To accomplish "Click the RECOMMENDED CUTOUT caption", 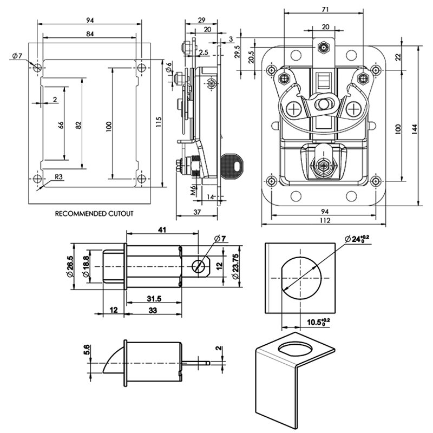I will point(94,214).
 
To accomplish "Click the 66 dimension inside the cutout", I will point(61,124).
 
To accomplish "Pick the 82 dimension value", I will point(78,124).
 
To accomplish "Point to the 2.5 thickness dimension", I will point(204,52).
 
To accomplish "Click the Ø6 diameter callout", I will point(169,67).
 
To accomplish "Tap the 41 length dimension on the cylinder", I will point(162,229).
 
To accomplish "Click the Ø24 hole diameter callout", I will point(358,239).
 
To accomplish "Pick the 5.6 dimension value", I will point(87,352).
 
